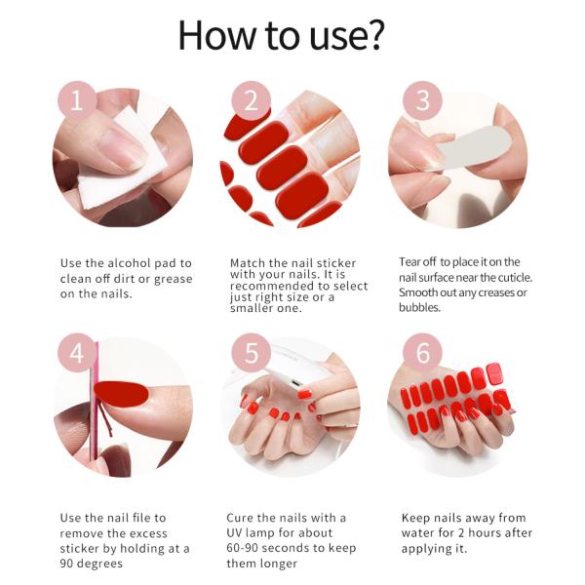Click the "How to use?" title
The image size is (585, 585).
pyautogui.click(x=282, y=35)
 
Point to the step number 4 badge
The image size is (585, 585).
pyautogui.click(x=78, y=353)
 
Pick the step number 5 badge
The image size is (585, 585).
pyautogui.click(x=251, y=353)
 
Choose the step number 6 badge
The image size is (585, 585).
pyautogui.click(x=422, y=353)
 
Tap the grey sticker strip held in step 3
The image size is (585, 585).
pyautogui.click(x=468, y=151)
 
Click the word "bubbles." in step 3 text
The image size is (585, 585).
pyautogui.click(x=420, y=307)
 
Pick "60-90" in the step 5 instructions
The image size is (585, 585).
pyautogui.click(x=245, y=548)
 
